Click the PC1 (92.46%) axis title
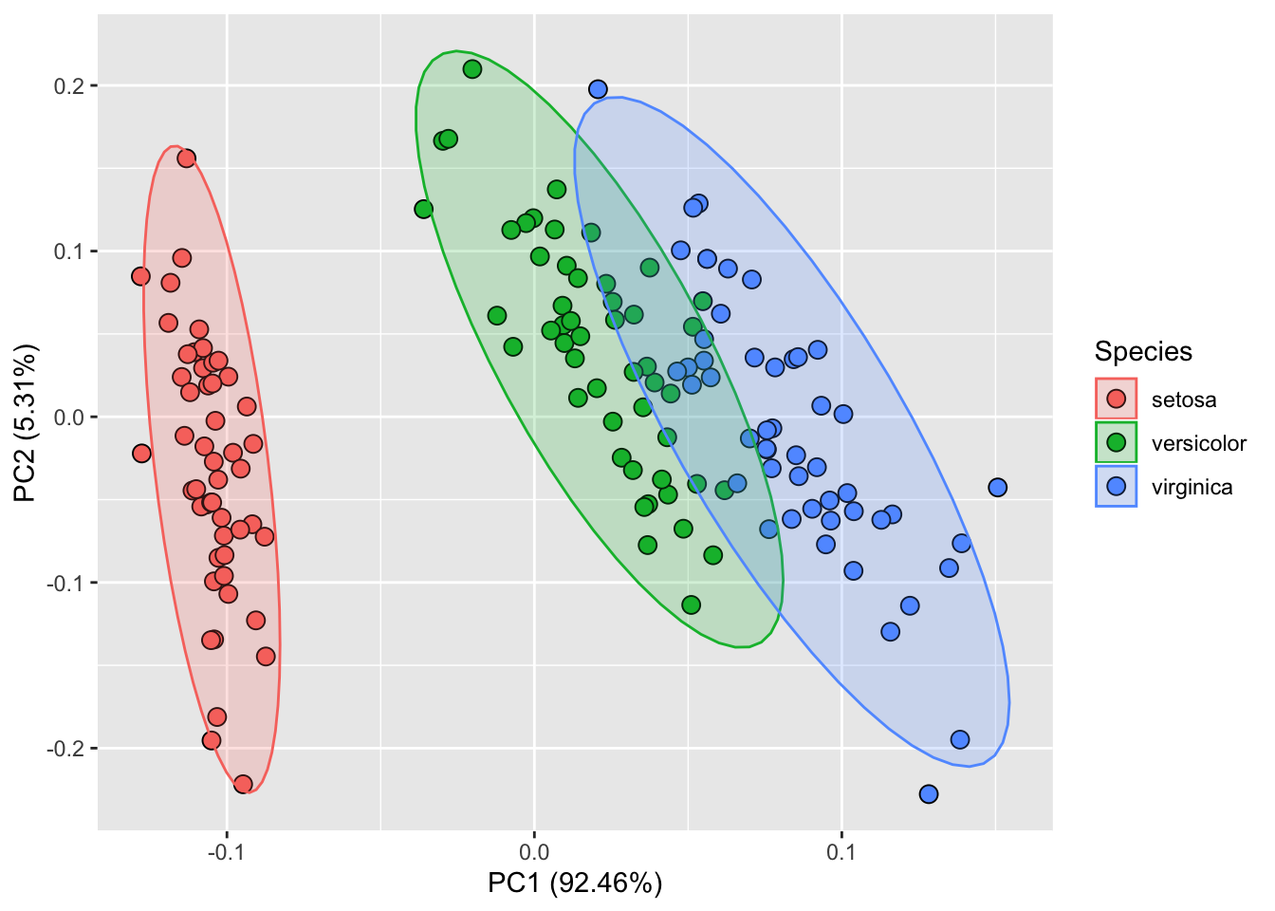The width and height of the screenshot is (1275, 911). pyautogui.click(x=575, y=883)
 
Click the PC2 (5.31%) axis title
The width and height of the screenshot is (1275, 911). pyautogui.click(x=26, y=423)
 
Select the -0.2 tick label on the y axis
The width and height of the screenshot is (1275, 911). pyautogui.click(x=67, y=749)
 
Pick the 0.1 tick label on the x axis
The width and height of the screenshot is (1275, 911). pyautogui.click(x=841, y=850)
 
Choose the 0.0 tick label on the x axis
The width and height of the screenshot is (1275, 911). pyautogui.click(x=534, y=850)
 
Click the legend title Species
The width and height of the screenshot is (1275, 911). pyautogui.click(x=1143, y=352)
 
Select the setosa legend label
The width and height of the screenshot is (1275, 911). pyautogui.click(x=1183, y=400)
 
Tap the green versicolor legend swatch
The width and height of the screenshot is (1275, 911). pyautogui.click(x=1116, y=443)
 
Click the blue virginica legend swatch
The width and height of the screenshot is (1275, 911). pyautogui.click(x=1116, y=487)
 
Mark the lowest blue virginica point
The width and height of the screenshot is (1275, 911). pyautogui.click(x=929, y=793)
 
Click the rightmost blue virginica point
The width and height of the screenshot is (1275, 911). pyautogui.click(x=997, y=488)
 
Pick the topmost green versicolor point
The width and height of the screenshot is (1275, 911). pyautogui.click(x=472, y=69)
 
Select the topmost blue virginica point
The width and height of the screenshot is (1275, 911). pyautogui.click(x=598, y=89)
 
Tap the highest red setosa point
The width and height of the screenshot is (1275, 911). pyautogui.click(x=187, y=158)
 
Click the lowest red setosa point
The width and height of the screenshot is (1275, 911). pyautogui.click(x=243, y=784)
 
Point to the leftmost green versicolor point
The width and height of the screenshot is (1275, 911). pyautogui.click(x=424, y=209)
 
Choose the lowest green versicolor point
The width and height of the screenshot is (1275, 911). pyautogui.click(x=692, y=604)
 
